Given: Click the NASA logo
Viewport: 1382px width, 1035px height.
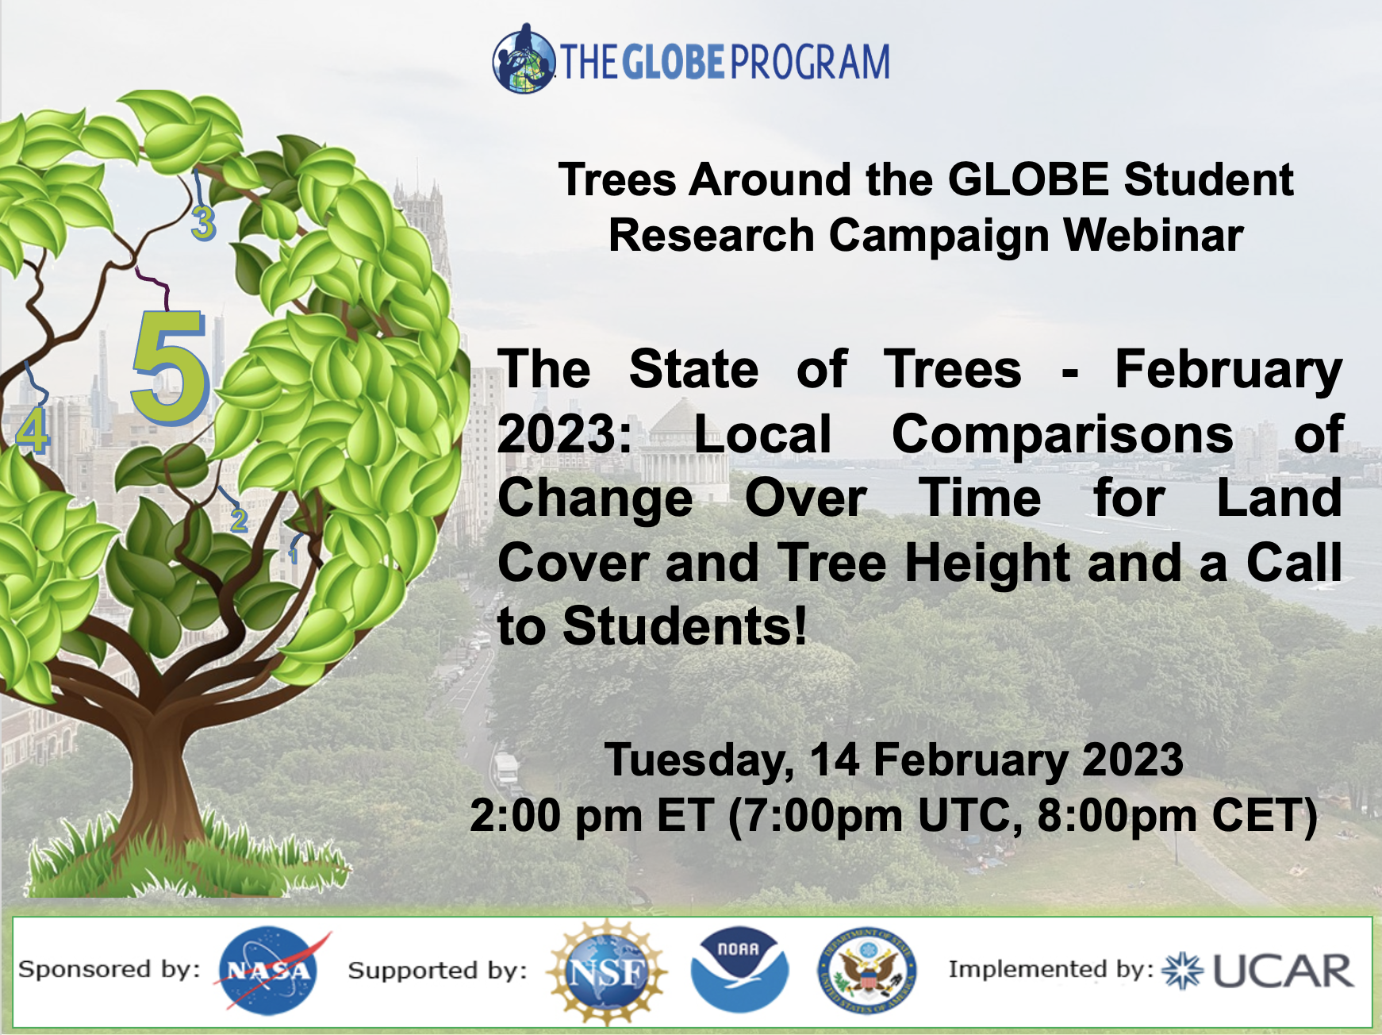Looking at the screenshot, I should [x=269, y=971].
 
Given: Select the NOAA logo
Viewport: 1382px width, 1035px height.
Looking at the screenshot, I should [x=739, y=970].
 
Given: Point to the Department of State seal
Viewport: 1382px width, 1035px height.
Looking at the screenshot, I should [x=867, y=971].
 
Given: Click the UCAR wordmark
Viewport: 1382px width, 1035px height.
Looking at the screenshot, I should [x=1283, y=971].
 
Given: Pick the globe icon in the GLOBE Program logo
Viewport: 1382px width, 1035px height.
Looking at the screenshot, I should [x=524, y=60].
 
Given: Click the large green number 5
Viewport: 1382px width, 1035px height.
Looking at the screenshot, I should [x=171, y=367].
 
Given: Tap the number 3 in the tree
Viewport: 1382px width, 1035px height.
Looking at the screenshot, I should [x=203, y=223].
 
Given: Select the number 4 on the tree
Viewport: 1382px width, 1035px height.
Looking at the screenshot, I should [x=33, y=431].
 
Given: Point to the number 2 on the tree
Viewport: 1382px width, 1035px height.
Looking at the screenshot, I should [x=238, y=520].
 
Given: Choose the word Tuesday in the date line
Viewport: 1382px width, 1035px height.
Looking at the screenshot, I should [x=699, y=760].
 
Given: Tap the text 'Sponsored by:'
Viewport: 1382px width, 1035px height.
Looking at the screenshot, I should [x=109, y=969].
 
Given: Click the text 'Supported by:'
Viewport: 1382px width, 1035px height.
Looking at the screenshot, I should [x=437, y=970].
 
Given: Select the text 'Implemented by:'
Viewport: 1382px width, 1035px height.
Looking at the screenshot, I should [x=1051, y=969].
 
